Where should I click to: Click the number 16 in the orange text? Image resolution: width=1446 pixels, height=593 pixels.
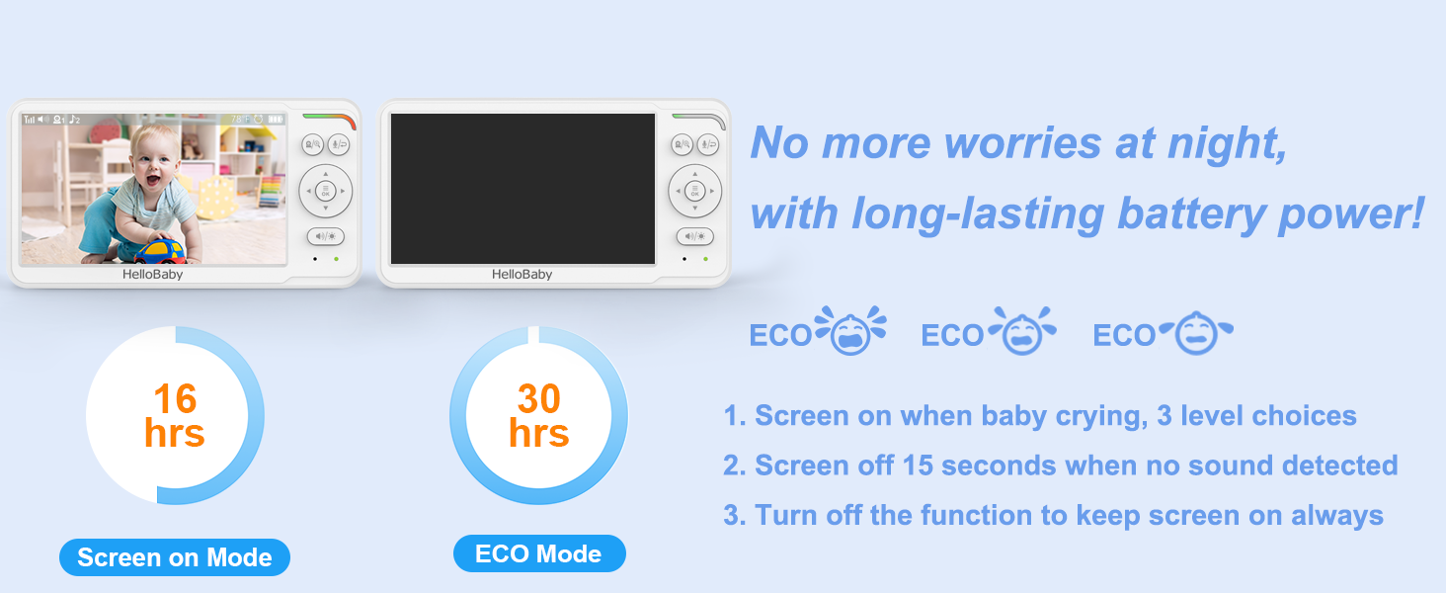click(x=175, y=399)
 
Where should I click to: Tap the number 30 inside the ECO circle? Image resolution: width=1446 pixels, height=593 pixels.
click(x=538, y=399)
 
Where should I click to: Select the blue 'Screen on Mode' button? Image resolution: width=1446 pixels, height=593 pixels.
click(x=175, y=557)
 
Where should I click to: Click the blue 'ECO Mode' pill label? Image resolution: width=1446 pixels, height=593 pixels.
click(x=539, y=553)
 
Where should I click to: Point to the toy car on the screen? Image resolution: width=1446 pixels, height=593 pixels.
click(x=160, y=250)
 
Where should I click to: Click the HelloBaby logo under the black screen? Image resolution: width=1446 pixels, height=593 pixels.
click(x=522, y=275)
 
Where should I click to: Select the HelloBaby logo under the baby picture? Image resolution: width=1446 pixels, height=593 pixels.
click(x=152, y=275)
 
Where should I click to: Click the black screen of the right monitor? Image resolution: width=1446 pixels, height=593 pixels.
click(x=522, y=188)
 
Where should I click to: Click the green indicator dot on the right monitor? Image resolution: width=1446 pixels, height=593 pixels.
click(x=705, y=259)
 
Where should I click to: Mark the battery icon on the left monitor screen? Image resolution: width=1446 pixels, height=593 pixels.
click(x=276, y=120)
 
